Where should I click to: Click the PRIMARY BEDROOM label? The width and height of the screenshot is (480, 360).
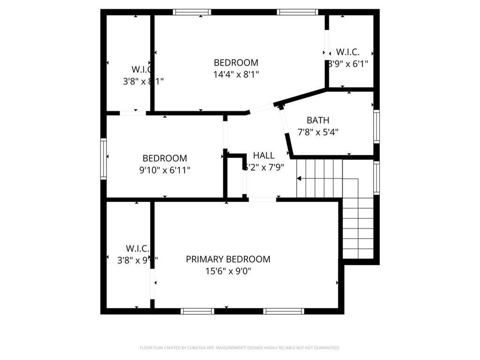[228, 259]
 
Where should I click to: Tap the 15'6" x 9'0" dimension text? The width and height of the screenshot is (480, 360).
[228, 271]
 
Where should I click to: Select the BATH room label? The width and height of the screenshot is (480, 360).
[318, 120]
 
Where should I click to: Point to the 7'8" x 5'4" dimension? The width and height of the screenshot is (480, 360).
[318, 132]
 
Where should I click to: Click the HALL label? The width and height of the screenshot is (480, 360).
[264, 156]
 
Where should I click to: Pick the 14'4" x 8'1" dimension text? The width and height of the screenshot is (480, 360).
[236, 74]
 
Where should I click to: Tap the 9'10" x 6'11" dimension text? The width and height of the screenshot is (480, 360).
[165, 170]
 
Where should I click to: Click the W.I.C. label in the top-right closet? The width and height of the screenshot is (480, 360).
[347, 52]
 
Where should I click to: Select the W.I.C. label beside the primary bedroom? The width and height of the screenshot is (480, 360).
[137, 248]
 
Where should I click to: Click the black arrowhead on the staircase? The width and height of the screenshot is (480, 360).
[299, 178]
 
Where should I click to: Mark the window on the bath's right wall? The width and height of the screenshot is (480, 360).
[376, 126]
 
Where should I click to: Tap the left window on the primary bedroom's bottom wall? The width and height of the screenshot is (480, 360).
[197, 311]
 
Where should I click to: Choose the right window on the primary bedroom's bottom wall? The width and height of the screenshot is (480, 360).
[284, 311]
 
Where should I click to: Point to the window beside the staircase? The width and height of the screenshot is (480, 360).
[376, 177]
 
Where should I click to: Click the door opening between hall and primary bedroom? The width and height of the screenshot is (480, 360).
[262, 200]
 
